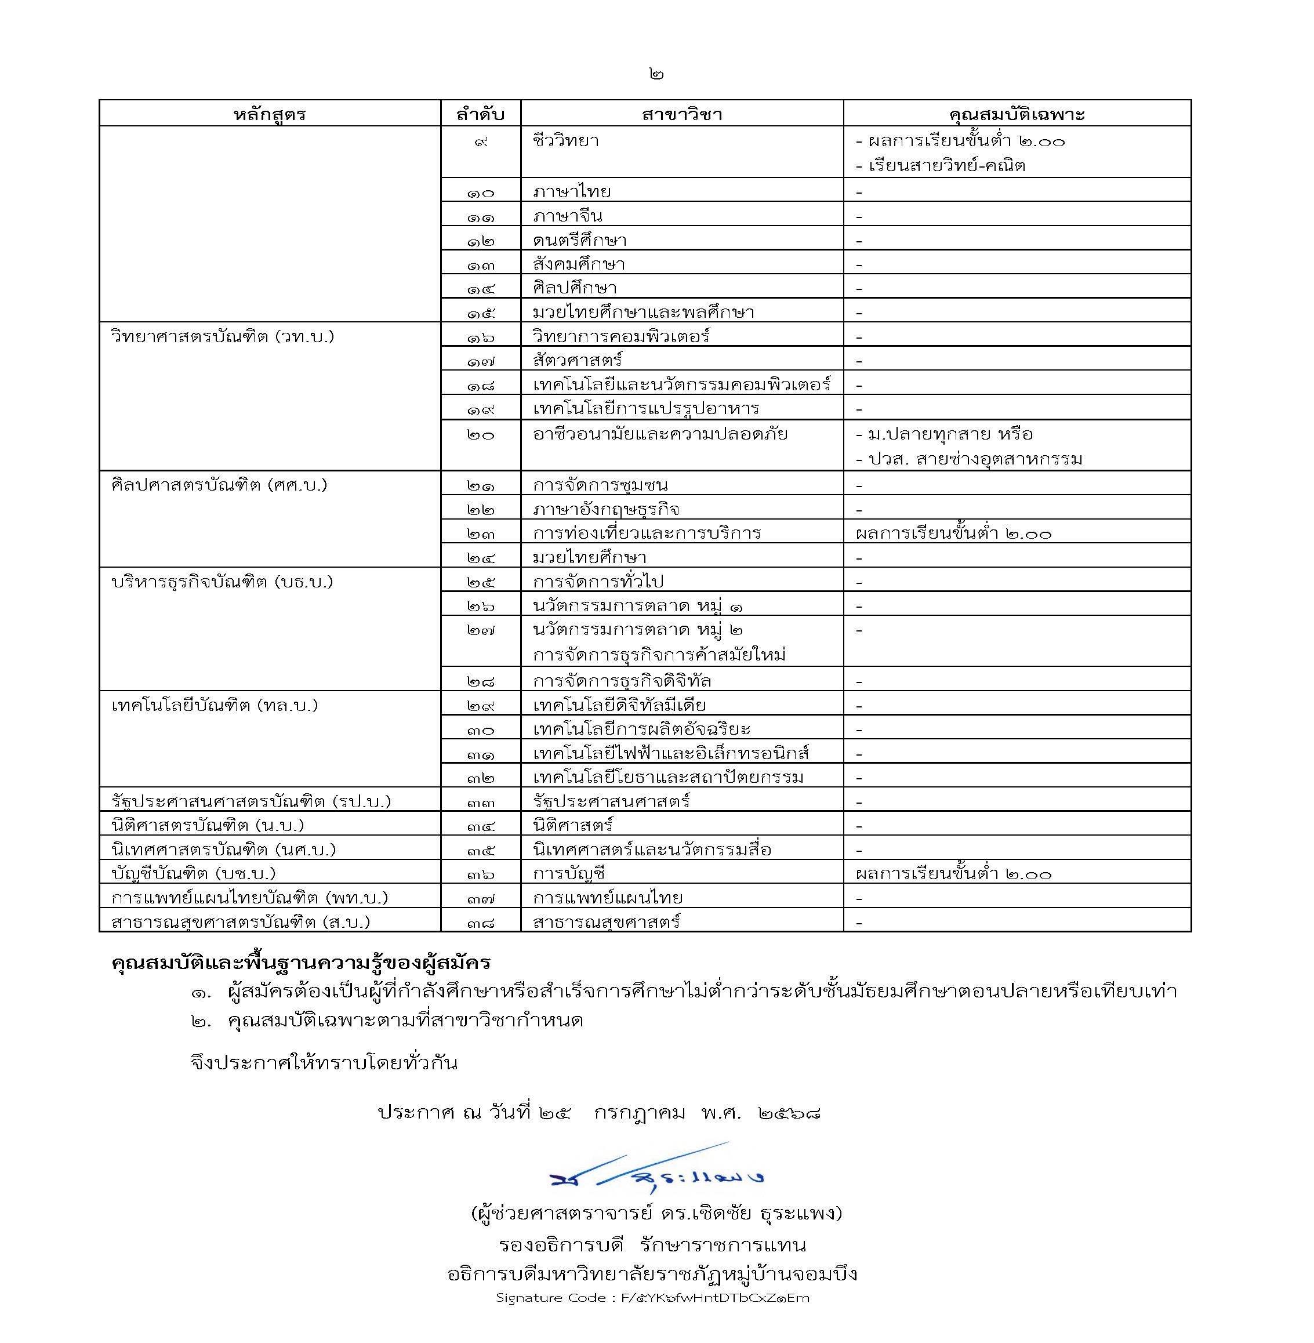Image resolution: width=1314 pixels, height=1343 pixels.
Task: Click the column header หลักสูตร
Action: click(269, 114)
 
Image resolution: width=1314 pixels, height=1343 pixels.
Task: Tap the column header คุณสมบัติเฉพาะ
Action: click(1017, 114)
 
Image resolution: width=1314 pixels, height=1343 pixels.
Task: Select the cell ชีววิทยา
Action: click(566, 141)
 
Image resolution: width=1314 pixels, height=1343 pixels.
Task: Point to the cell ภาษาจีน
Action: click(567, 216)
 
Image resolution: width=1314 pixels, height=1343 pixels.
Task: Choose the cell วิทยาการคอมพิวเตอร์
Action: click(621, 336)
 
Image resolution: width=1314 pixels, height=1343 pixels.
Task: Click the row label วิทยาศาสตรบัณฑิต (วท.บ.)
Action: click(222, 337)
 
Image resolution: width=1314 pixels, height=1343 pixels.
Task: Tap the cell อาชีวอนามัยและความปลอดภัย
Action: click(660, 435)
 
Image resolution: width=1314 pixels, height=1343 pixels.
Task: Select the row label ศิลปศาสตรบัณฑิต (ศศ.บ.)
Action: click(219, 485)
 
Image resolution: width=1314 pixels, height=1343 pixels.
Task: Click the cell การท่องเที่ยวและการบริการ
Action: click(647, 533)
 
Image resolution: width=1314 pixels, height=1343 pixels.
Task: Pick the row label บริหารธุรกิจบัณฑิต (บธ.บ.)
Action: click(222, 582)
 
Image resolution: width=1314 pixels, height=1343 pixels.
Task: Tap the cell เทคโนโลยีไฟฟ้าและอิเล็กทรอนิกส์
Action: click(671, 753)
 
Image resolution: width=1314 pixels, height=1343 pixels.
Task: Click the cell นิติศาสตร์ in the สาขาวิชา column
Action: click(573, 825)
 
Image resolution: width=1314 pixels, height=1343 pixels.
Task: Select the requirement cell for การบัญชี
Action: click(953, 874)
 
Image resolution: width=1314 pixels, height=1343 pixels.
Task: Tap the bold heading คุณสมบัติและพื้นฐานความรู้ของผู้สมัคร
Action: click(300, 962)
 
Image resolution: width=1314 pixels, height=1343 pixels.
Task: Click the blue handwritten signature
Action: click(656, 1174)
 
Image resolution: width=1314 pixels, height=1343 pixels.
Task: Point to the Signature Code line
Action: click(652, 1297)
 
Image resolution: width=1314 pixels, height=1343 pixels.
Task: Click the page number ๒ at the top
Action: click(656, 74)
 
